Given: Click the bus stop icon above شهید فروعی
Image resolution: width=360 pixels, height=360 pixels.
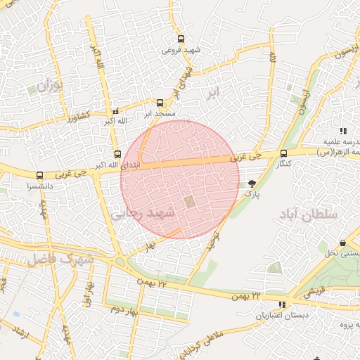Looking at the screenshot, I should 181,39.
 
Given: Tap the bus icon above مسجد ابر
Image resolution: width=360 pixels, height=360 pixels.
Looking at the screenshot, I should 160,102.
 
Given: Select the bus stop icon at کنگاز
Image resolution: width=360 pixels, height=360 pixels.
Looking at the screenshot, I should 284,153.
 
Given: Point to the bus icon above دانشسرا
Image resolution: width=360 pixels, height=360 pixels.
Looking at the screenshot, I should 39,175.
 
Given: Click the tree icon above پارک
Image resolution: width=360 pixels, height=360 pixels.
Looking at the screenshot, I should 252,184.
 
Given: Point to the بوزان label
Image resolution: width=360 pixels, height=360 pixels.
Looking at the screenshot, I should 49,87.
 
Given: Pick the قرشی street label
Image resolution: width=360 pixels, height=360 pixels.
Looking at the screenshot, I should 318,290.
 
